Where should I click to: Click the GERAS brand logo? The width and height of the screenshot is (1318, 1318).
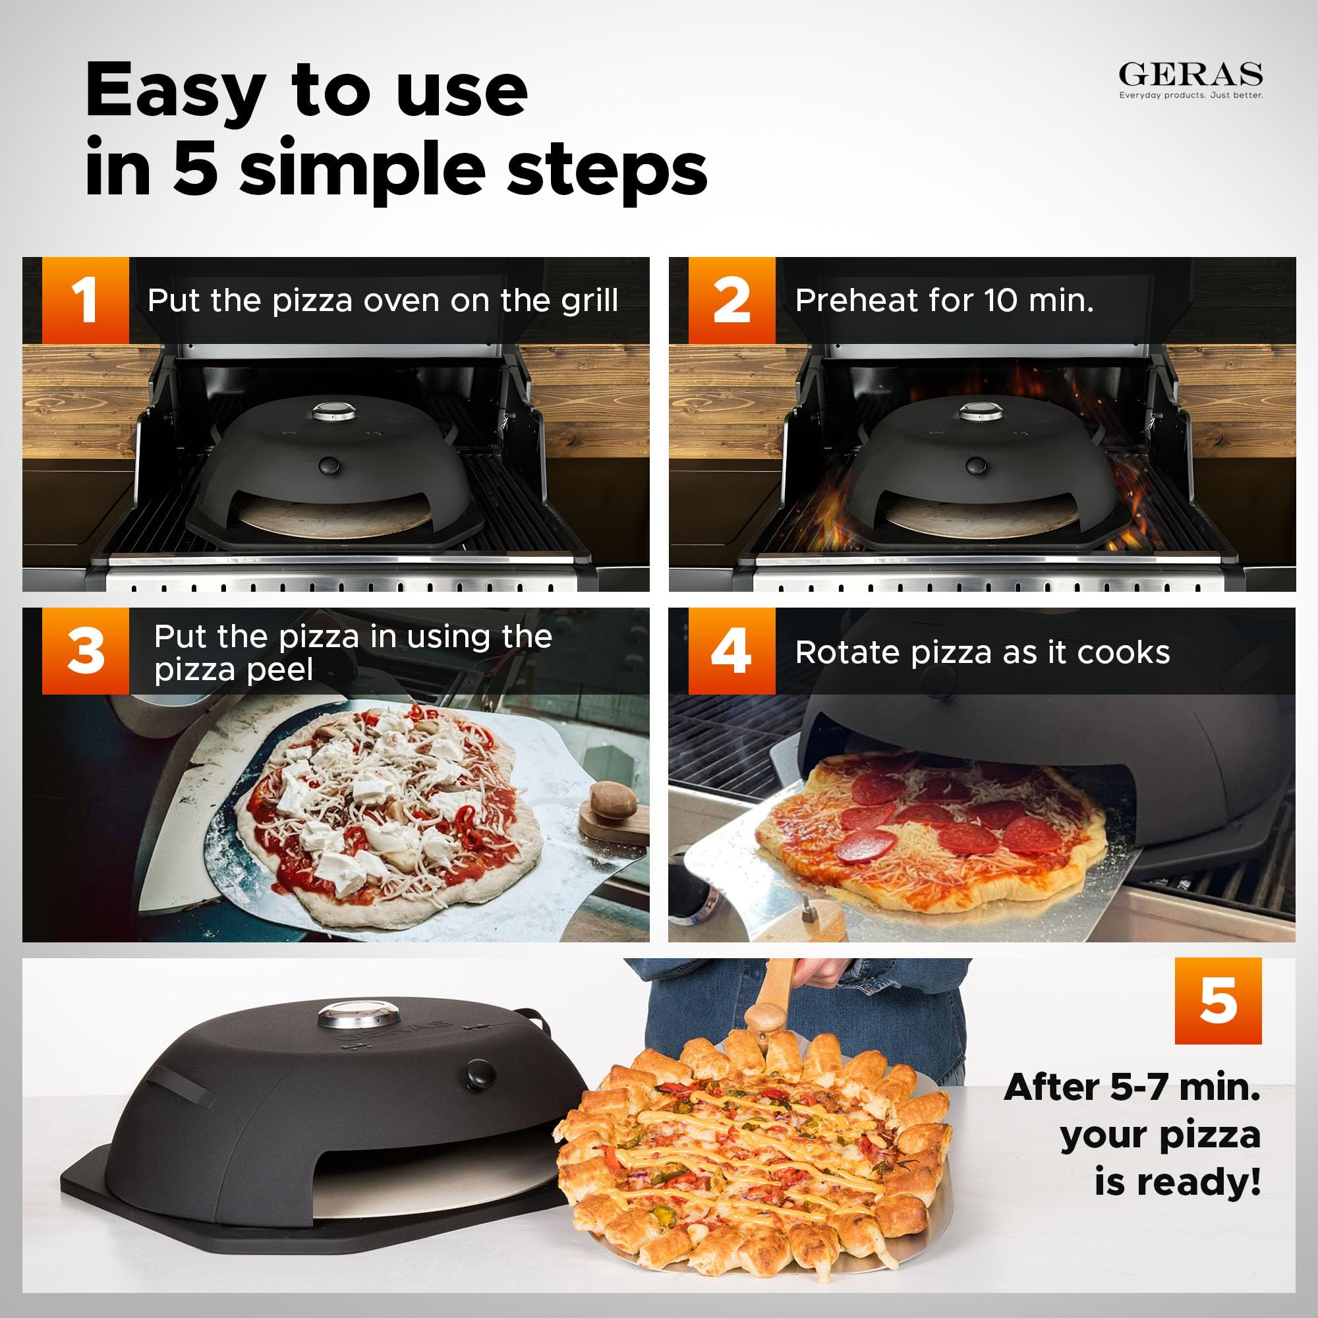point(1190,74)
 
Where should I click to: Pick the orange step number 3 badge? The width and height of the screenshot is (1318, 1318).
point(85,651)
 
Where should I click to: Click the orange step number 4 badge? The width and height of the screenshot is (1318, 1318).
point(731,651)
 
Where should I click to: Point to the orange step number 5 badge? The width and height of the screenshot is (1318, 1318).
point(1218,1001)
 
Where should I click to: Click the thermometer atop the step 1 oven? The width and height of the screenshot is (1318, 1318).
point(334,411)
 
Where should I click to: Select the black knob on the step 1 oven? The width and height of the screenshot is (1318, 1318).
point(329,465)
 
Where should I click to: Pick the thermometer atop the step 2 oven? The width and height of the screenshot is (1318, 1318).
point(981,411)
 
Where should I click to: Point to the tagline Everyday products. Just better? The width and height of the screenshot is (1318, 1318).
point(1190,96)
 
